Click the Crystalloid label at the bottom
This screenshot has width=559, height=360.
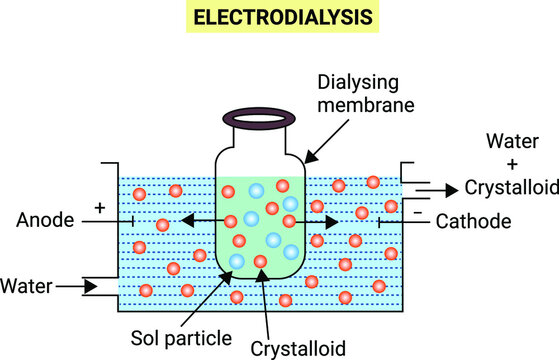click(x=298, y=348)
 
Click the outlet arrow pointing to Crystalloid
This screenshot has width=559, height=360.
click(x=440, y=187)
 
